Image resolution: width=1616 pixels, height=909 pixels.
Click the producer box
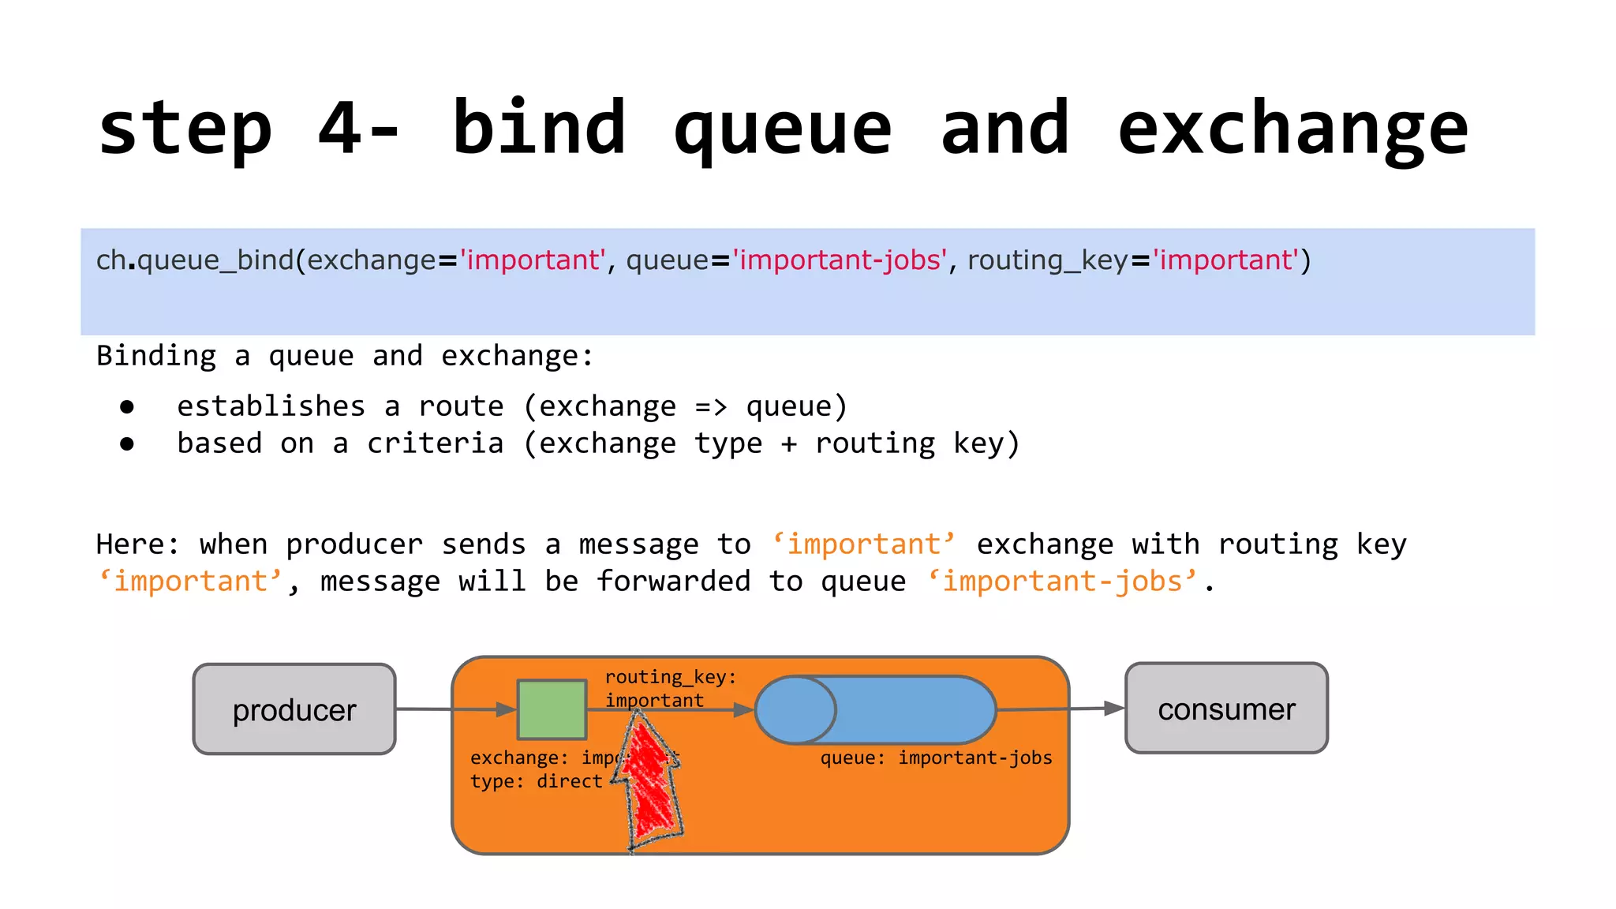tap(294, 709)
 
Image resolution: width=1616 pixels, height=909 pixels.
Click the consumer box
tap(1226, 709)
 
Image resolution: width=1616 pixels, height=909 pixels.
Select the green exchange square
tap(552, 709)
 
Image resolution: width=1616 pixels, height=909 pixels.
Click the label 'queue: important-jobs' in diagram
tap(936, 758)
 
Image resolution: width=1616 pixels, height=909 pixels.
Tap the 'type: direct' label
tap(536, 782)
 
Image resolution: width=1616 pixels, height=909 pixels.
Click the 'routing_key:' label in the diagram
tap(671, 677)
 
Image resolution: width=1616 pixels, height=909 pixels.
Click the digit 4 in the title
tap(340, 129)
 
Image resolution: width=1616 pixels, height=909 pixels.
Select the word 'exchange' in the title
tap(1292, 129)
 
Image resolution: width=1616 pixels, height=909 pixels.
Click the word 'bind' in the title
tap(540, 129)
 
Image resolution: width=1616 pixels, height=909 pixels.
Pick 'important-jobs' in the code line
tap(840, 260)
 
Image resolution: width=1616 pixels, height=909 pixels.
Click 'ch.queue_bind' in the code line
tap(195, 260)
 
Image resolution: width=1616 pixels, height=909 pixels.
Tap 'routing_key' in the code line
tap(1047, 260)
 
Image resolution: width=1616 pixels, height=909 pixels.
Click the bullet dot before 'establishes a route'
tap(127, 407)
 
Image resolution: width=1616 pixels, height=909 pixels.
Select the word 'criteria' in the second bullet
tap(435, 443)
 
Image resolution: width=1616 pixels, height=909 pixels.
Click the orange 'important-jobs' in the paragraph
tap(1062, 582)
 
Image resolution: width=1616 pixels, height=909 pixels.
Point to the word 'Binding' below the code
tap(156, 356)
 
